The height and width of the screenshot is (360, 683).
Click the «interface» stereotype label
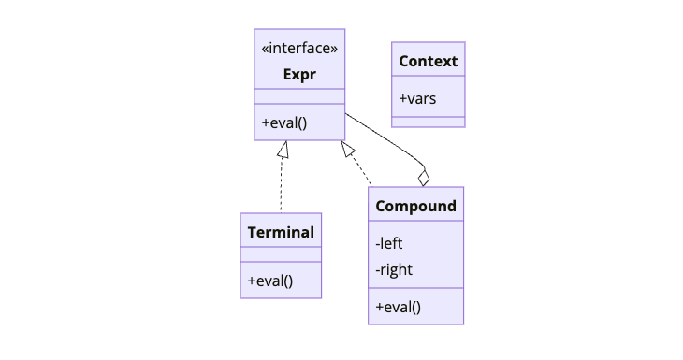(x=299, y=49)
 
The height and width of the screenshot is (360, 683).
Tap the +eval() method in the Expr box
(x=284, y=122)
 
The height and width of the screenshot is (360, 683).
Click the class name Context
(x=428, y=62)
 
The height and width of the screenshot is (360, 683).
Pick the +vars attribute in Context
(x=417, y=98)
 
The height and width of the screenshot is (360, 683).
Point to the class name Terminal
(x=281, y=232)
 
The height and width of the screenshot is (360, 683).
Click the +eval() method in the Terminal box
(x=270, y=280)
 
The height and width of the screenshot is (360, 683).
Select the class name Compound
(x=415, y=206)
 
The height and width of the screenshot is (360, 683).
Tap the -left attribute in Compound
(x=389, y=243)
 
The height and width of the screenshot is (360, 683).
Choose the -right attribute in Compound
(x=394, y=269)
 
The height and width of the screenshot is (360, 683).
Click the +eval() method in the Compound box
(x=399, y=306)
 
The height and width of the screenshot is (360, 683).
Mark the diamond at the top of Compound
(x=424, y=178)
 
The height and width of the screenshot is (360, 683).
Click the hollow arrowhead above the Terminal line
(x=282, y=148)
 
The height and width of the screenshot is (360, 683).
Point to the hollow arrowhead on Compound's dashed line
(x=347, y=149)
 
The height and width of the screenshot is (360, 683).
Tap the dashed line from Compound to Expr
(x=361, y=169)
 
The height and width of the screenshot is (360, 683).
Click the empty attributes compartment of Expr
(x=299, y=96)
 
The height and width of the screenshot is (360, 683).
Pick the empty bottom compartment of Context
(x=428, y=122)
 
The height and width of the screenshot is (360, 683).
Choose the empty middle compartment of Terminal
(x=281, y=253)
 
